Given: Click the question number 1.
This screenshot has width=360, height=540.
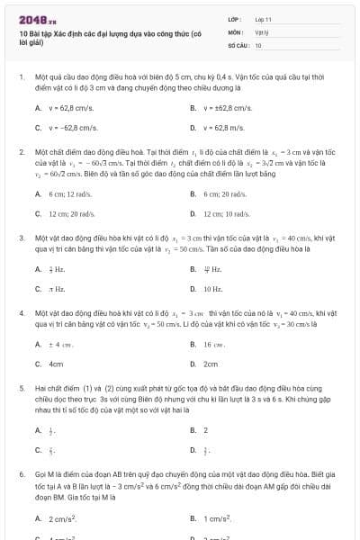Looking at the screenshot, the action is point(21,78).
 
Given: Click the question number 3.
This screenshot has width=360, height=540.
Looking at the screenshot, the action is point(21,238).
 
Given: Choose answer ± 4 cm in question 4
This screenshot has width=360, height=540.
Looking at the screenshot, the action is point(60,344).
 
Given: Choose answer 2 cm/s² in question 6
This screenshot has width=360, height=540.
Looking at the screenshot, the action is point(62,518).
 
